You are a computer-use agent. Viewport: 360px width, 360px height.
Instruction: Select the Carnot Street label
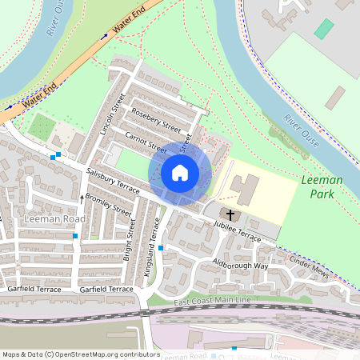(145, 142)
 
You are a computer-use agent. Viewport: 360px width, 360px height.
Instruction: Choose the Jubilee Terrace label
(238, 232)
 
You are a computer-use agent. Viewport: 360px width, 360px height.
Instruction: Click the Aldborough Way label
(240, 265)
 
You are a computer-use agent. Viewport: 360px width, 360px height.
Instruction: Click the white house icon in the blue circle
(180, 172)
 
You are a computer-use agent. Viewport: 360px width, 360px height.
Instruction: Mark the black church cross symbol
(230, 214)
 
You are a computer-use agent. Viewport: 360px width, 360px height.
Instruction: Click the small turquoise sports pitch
(324, 29)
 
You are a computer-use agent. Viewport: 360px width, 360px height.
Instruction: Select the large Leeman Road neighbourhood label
(54, 218)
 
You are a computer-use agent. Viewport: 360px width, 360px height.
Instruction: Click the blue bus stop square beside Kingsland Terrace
(161, 248)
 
